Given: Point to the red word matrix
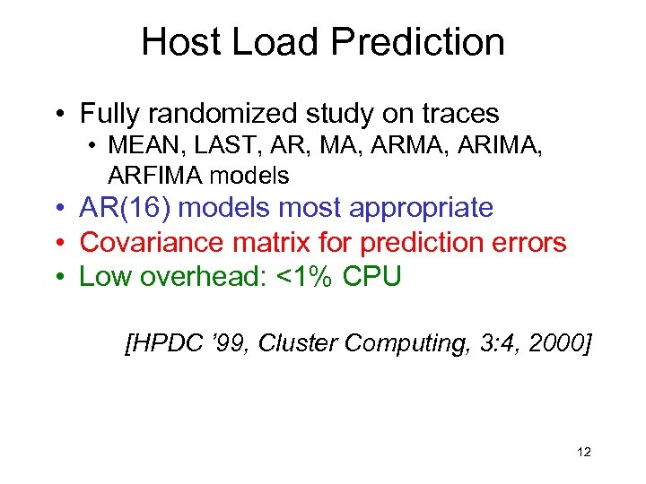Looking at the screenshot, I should [261, 242].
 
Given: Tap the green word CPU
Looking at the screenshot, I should [372, 277].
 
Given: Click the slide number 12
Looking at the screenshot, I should [584, 452].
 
